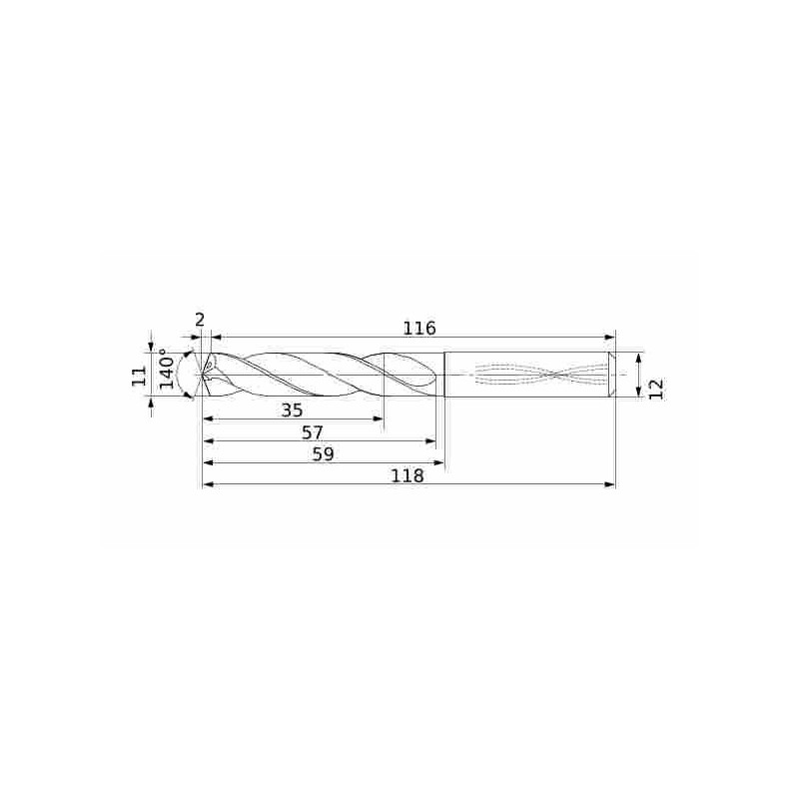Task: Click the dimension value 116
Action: point(419,329)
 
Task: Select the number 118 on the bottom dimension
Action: point(407,476)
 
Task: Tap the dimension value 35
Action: point(292,410)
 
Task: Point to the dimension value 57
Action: point(312,432)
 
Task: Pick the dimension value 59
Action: point(323,454)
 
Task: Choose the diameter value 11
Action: point(140,377)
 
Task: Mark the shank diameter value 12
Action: point(656,389)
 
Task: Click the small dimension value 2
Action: point(200,320)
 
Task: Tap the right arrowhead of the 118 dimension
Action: point(610,484)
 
